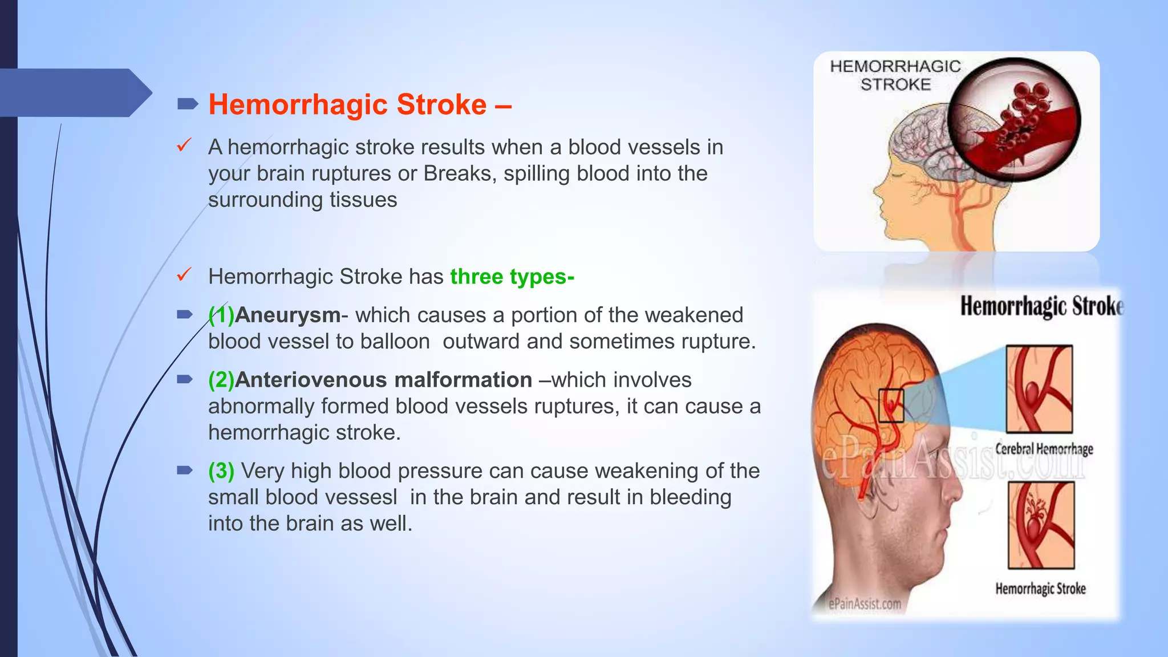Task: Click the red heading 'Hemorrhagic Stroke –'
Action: coord(359,104)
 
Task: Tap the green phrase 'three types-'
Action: coord(512,277)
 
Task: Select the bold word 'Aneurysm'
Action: coord(287,315)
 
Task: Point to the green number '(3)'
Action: coord(221,471)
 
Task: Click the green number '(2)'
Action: coord(221,380)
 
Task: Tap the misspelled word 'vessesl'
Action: coord(359,497)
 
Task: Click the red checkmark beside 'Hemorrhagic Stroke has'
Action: coord(184,275)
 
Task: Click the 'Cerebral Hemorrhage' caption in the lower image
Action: coord(1044,449)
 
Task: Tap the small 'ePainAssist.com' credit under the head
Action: coord(865,603)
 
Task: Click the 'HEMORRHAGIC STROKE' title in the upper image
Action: coord(895,75)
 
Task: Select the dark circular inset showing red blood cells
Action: coord(1014,120)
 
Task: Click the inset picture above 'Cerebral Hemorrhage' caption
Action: coord(1039,389)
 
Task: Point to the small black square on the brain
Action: coord(891,405)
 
